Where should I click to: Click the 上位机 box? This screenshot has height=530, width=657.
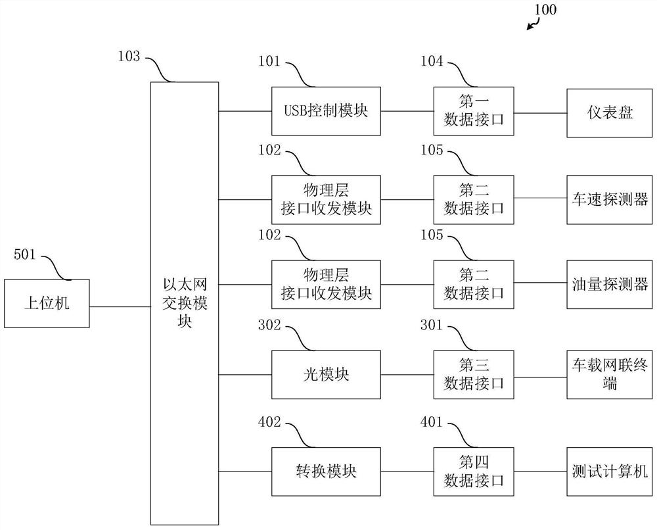(47, 303)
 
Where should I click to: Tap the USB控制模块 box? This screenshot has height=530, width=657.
(327, 112)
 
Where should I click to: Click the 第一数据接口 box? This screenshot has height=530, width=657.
(473, 112)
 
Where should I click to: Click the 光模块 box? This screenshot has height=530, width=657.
(327, 375)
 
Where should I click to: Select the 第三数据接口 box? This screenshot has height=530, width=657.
(473, 375)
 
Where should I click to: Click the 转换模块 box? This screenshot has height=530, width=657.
(327, 471)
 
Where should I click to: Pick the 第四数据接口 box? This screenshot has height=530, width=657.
(473, 471)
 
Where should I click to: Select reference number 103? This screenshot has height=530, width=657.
(129, 57)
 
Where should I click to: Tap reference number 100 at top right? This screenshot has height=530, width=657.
(545, 9)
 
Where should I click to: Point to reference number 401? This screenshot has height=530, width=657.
(432, 423)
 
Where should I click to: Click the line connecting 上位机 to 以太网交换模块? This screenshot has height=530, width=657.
(120, 306)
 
